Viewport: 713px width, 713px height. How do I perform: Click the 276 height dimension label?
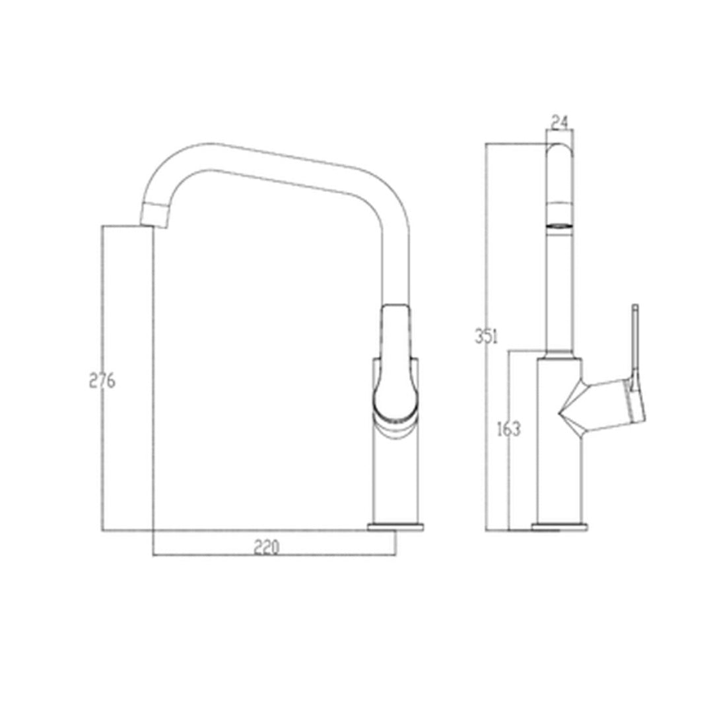pos(102,381)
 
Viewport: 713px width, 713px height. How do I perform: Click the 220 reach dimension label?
pos(267,547)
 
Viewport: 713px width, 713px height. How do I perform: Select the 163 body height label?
pos(509,429)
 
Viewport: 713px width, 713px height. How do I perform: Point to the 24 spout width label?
pos(559,121)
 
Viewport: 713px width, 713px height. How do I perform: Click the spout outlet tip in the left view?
pos(153,216)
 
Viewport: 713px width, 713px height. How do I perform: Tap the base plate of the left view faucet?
pos(396,527)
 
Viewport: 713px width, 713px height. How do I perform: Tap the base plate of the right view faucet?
pos(559,527)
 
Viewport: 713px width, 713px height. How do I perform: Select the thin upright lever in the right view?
pos(635,343)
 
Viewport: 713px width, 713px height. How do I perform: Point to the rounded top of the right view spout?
pos(559,151)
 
